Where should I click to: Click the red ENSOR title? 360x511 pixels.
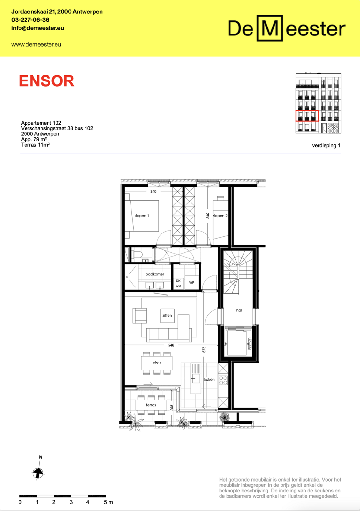[x=47, y=81]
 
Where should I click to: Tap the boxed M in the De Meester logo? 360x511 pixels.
[x=270, y=28]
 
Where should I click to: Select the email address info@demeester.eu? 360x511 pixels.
[x=38, y=28]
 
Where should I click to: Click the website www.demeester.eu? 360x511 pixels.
[x=36, y=44]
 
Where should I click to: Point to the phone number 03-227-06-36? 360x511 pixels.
[x=30, y=20]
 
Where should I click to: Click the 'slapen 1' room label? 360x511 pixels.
[x=142, y=216]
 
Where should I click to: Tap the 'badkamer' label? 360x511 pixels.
[x=155, y=274]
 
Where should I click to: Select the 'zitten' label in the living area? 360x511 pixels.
[x=167, y=315]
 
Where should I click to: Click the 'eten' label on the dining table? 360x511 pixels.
[x=157, y=362]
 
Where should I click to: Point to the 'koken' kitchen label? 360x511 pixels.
[x=209, y=379]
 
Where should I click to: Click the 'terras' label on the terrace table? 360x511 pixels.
[x=151, y=405]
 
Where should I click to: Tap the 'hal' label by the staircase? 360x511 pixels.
[x=239, y=310]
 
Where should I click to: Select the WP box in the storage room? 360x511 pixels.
[x=191, y=282]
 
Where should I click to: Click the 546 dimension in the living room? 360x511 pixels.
[x=171, y=345]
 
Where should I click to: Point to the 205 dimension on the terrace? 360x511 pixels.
[x=172, y=408]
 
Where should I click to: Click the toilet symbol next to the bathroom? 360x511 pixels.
[x=138, y=254]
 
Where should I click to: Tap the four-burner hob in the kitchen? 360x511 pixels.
[x=223, y=380]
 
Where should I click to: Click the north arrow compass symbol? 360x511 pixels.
[x=38, y=472]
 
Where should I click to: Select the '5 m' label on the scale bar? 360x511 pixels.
[x=108, y=502]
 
